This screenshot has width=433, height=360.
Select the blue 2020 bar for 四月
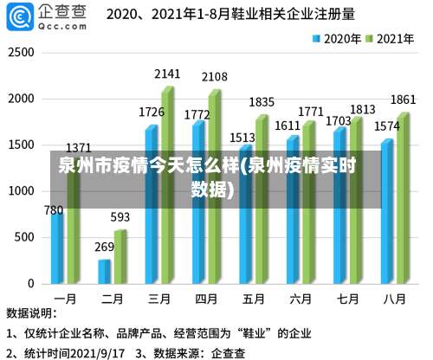click(198, 202)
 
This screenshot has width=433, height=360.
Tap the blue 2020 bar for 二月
click(104, 271)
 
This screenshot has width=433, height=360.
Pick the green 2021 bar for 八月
click(402, 198)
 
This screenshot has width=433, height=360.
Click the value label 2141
click(167, 74)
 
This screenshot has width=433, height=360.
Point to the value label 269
click(104, 247)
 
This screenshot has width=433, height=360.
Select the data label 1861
click(403, 100)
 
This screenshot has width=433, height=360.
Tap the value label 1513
click(242, 137)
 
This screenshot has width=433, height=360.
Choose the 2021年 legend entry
click(389, 38)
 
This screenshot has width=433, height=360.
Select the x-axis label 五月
click(253, 299)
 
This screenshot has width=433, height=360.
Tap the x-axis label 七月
click(347, 299)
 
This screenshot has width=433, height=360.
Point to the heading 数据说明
click(32, 313)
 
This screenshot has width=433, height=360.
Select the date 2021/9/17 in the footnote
click(102, 352)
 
